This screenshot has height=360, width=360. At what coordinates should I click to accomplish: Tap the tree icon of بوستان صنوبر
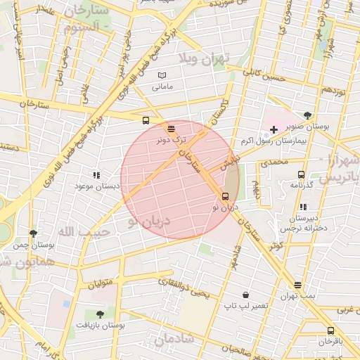click(x=307, y=115)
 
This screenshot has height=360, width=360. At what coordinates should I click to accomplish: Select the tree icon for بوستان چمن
click(x=33, y=233)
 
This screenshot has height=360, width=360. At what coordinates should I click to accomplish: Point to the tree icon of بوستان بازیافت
click(x=98, y=314)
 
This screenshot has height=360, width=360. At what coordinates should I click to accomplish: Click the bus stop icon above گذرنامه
click(x=301, y=174)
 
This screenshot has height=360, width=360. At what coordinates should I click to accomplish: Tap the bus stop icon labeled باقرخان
click(x=330, y=330)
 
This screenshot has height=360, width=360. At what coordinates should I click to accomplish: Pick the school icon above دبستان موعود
click(x=96, y=175)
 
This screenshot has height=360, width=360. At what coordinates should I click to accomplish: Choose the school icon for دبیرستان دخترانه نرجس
click(x=303, y=207)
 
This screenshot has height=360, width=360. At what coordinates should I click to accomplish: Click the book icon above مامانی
click(x=162, y=76)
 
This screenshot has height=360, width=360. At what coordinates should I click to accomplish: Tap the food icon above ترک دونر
click(x=172, y=129)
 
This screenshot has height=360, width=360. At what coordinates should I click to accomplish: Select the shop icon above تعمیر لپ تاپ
click(x=245, y=295)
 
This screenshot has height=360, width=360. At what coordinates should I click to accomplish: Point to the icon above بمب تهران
click(x=298, y=285)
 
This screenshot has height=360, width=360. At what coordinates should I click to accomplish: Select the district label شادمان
click(x=172, y=340)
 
